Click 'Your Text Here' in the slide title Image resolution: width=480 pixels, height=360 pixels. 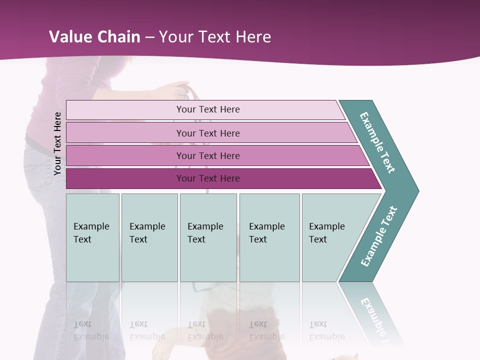coord(215,37)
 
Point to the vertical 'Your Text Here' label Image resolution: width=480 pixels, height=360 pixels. coord(57,144)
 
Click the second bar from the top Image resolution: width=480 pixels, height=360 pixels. coord(207,133)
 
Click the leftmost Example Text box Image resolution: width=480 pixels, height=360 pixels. coord(92,237)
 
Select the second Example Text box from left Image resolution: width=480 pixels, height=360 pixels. coord(149,237)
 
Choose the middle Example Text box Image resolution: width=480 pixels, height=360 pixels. coord(208,237)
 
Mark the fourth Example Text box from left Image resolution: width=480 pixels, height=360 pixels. coord(269,237)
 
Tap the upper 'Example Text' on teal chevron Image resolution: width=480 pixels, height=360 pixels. coord(378,142)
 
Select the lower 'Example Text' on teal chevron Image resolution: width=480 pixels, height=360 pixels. coord(379,236)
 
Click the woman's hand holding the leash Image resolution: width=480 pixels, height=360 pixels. coord(177,90)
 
